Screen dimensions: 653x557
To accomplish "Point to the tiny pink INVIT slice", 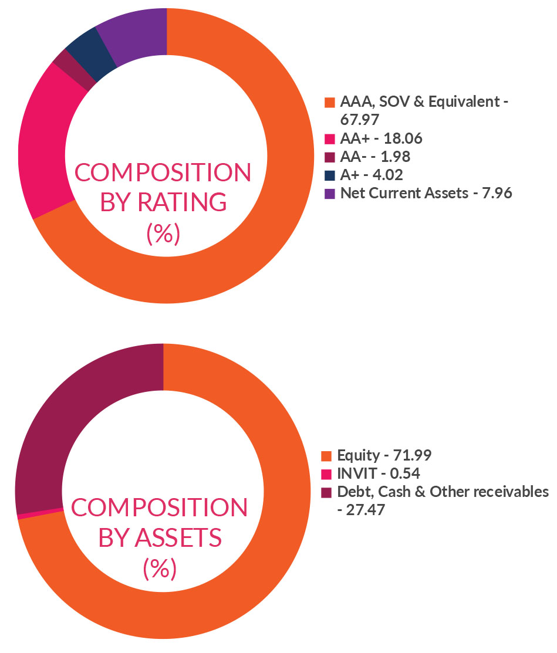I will pos(41,513).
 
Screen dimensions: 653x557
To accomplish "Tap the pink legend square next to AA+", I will pos(330,139).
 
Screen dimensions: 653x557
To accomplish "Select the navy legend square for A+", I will pos(330,175).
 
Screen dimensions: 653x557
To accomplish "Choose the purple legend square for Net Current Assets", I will pos(330,193).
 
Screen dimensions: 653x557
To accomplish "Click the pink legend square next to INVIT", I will pos(326,473).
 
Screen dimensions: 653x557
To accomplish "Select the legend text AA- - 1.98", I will pos(374,157).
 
